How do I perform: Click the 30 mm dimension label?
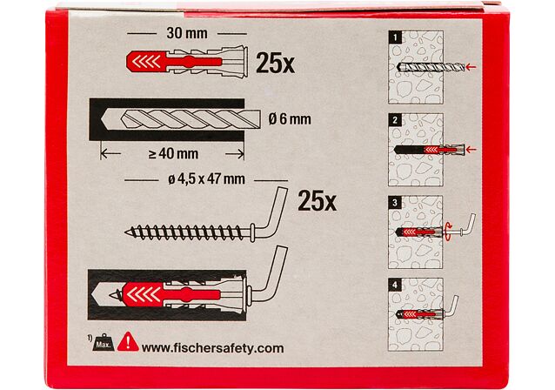187,33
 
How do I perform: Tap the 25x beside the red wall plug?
275,64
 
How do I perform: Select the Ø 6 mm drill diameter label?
290,119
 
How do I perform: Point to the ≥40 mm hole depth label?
173,154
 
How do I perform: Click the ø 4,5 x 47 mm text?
206,179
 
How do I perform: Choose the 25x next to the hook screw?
317,201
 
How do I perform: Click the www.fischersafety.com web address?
213,348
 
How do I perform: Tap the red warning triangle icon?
128,341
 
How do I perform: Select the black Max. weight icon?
104,343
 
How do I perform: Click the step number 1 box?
395,37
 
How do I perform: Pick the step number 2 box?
395,120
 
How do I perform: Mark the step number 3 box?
395,203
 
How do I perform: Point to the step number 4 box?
395,285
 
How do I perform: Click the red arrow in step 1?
471,66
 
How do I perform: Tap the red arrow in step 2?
471,150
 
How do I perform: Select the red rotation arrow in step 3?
448,232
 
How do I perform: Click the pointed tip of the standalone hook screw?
125,232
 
